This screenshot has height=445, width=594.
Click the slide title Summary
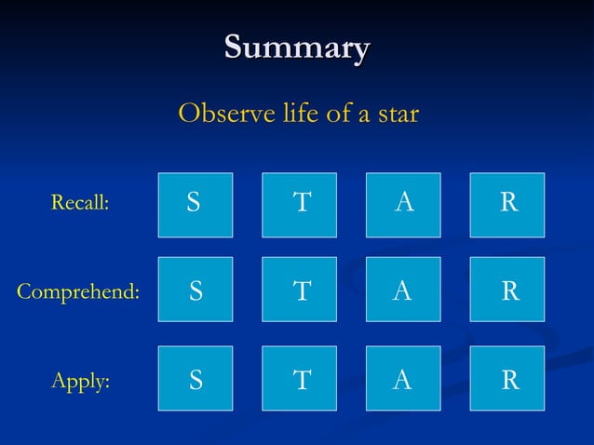297,47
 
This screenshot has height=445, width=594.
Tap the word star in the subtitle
397,115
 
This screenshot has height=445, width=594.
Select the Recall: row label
79,203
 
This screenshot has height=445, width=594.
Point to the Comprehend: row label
78,291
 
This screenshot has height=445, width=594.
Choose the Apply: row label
79,380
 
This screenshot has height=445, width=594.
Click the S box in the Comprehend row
195,290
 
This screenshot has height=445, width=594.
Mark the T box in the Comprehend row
299,290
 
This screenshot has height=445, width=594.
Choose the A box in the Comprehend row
403,290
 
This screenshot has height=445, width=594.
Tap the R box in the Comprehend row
507,290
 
